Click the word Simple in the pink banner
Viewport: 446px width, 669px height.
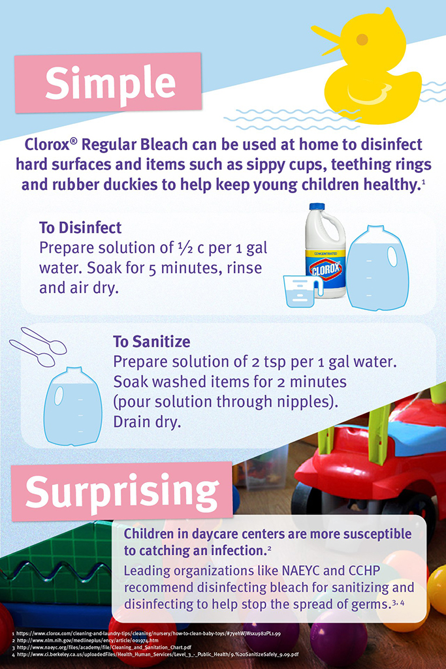click(110, 83)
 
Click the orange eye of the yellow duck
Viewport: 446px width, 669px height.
click(362, 39)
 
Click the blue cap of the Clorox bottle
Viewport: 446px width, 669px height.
click(317, 207)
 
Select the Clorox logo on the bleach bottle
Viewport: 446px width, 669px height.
click(326, 268)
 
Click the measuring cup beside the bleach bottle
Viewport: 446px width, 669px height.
click(300, 291)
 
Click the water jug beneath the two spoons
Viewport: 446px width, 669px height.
click(73, 405)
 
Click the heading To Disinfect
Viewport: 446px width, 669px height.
click(80, 227)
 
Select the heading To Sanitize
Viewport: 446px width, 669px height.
click(151, 341)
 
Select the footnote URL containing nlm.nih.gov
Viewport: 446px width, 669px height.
click(88, 640)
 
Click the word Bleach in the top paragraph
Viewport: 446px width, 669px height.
click(165, 144)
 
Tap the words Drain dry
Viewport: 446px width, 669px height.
click(147, 422)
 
